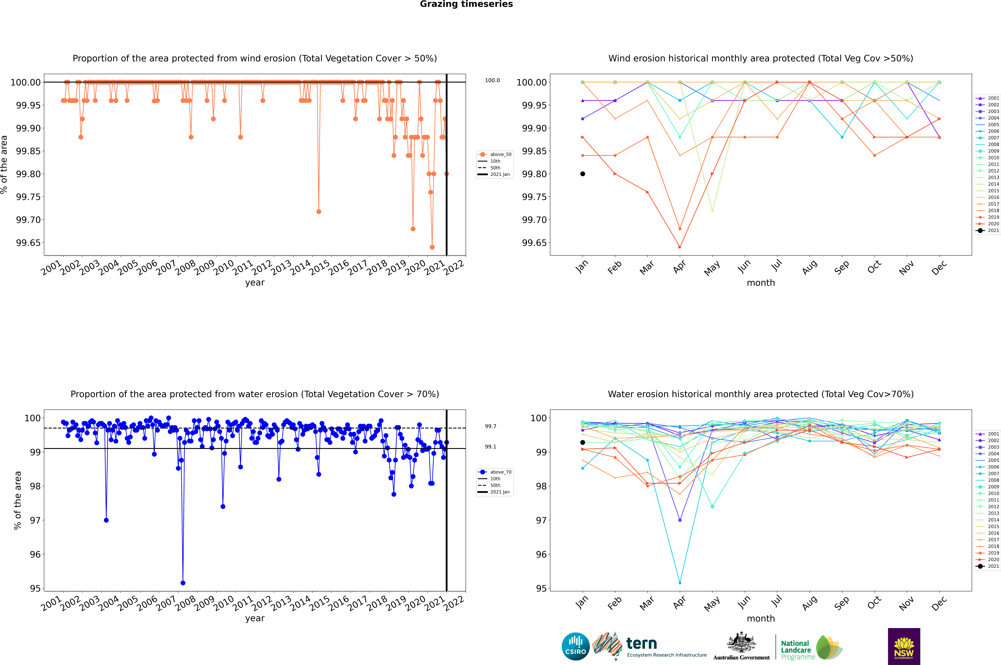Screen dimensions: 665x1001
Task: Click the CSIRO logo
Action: (x=575, y=646)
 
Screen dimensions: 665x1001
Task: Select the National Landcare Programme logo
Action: (x=811, y=648)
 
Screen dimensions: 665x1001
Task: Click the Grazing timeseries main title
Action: (x=466, y=4)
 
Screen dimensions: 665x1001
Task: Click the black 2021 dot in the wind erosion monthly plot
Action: (x=583, y=174)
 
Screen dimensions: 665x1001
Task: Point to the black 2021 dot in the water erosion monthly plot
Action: (x=583, y=442)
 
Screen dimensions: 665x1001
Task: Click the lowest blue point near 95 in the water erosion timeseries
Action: (x=183, y=583)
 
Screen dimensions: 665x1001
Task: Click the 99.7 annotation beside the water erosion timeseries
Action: (x=490, y=426)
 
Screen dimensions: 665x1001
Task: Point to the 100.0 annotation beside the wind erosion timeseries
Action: (x=492, y=80)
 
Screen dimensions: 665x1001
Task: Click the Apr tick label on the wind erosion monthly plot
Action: (x=679, y=267)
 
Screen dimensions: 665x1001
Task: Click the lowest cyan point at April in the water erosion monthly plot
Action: (x=680, y=583)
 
